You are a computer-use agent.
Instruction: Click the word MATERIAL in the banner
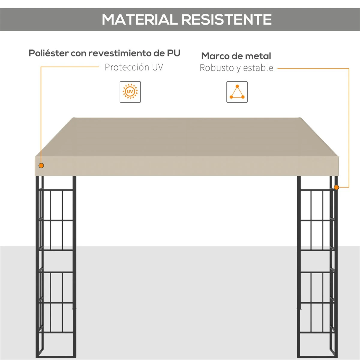[x=139, y=19]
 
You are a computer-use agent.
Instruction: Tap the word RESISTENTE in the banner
[x=226, y=19]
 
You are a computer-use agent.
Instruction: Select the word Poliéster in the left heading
[x=49, y=53]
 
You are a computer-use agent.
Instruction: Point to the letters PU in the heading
[x=174, y=53]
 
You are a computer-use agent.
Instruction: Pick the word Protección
[x=127, y=67]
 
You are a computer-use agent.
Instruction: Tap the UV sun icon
[x=130, y=92]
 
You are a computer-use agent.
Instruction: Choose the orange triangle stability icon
[x=237, y=92]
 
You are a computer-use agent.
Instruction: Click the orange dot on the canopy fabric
[x=41, y=166]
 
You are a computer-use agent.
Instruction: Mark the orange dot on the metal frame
[x=336, y=187]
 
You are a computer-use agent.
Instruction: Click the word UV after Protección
[x=157, y=67]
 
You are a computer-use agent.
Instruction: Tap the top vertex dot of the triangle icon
[x=237, y=86]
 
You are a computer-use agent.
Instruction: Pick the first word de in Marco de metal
[x=237, y=56]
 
